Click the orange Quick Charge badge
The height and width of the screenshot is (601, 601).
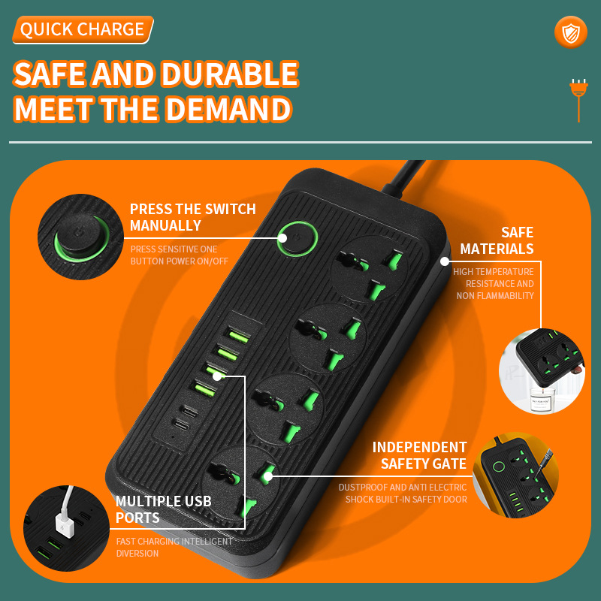tap(83, 29)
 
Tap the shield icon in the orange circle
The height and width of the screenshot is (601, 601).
tap(571, 33)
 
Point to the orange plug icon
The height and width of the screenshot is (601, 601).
tap(578, 101)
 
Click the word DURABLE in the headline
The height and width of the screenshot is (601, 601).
tap(230, 74)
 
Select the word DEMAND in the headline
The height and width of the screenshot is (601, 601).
tap(228, 109)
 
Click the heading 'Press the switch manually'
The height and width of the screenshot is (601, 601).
tap(193, 217)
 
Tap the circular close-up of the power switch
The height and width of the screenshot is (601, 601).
tap(80, 237)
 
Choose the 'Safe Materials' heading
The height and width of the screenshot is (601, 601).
tap(497, 240)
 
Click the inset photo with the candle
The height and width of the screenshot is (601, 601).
tap(542, 370)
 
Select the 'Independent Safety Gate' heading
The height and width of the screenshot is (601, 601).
tap(420, 455)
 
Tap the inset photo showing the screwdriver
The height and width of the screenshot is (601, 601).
tap(515, 476)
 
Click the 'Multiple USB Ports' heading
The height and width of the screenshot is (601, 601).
tap(163, 509)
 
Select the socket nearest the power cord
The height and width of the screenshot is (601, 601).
tap(369, 269)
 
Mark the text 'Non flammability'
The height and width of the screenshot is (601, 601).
tap(495, 295)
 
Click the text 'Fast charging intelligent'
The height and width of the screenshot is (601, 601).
tap(174, 541)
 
